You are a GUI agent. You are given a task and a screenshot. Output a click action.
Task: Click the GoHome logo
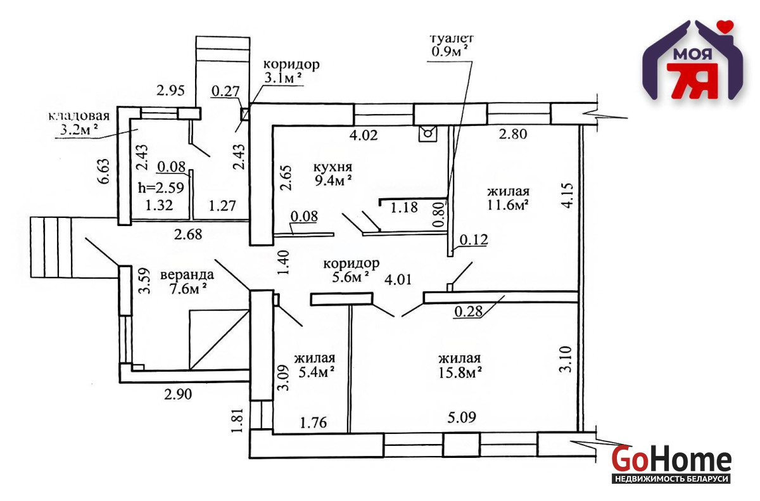(671, 464)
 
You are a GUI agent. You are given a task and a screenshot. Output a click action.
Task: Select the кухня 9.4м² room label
(332, 174)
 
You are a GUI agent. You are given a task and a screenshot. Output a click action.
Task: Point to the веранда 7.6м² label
(187, 282)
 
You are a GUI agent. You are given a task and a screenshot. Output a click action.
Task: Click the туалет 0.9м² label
(451, 45)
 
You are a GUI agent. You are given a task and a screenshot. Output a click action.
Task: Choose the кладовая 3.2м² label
(79, 123)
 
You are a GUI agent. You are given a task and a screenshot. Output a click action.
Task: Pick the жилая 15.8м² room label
(460, 366)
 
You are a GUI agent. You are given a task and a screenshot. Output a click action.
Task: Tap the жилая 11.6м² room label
(508, 198)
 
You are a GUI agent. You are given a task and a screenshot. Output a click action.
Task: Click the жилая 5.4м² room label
(315, 365)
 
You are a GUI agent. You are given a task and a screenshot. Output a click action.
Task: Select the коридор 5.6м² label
(351, 270)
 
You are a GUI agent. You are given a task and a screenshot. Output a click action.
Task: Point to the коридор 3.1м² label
(291, 71)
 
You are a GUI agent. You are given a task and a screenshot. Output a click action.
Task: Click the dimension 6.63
(104, 171)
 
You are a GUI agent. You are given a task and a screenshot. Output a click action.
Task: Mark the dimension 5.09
(462, 417)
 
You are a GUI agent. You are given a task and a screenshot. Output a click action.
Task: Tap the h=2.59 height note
(161, 187)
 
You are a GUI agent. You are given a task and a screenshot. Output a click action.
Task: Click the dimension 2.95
(170, 91)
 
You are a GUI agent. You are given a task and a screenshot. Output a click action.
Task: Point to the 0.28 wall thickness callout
(468, 312)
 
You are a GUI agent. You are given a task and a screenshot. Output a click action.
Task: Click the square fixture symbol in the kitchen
(428, 134)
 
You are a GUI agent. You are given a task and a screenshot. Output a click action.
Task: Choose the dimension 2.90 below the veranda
(178, 394)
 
